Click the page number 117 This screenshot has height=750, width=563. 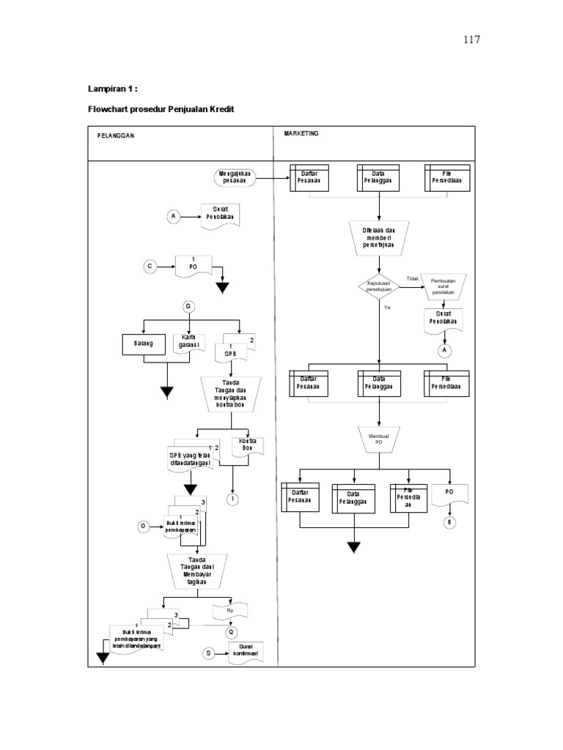click(471, 40)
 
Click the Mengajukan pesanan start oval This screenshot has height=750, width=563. click(235, 177)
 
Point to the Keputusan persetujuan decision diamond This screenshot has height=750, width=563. click(379, 286)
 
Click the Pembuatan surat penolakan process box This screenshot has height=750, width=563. click(448, 286)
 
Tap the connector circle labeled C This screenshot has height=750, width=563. click(150, 267)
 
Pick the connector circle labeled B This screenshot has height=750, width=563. click(450, 522)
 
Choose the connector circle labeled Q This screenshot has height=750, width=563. click(232, 631)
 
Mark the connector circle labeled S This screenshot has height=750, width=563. click(208, 653)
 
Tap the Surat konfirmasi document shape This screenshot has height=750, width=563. click(245, 653)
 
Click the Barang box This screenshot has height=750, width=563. click(144, 344)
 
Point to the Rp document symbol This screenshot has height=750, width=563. click(230, 611)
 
